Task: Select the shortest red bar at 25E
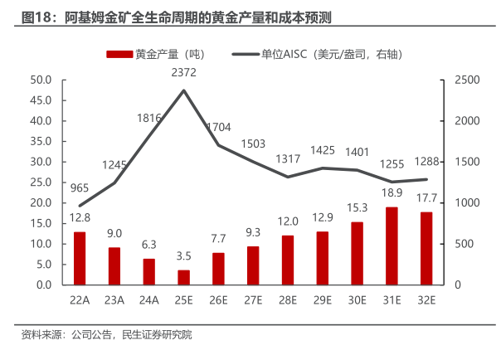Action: point(183,277)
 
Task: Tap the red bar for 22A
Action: point(80,258)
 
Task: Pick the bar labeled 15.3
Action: point(357,253)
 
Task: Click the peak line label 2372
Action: point(183,74)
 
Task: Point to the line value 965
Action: point(80,188)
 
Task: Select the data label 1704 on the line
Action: point(219,128)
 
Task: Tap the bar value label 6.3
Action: point(149,245)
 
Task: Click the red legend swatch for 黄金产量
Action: point(119,54)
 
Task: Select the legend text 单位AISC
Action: point(285,54)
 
